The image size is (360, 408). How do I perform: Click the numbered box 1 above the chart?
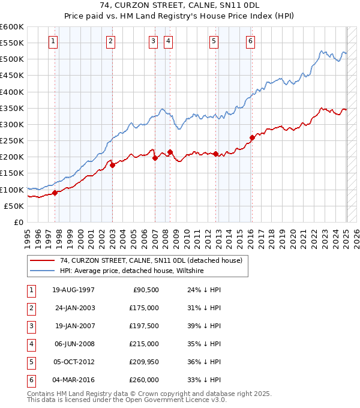coord(54,41)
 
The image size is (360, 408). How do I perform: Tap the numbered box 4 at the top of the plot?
coord(168,41)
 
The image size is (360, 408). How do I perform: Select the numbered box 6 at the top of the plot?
coord(250,41)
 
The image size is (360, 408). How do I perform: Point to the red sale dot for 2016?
coord(252,138)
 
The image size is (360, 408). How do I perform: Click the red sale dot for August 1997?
coord(55,193)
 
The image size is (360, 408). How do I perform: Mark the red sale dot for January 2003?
coord(112,165)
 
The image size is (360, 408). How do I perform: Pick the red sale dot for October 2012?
coord(215,154)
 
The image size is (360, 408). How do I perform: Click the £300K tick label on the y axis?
coord(12,124)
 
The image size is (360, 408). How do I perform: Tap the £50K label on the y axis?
coord(14,206)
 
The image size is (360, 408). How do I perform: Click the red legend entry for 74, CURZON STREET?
coord(151,261)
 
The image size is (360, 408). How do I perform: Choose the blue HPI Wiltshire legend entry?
coord(132,271)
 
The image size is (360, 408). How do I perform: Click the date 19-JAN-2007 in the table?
coord(74,326)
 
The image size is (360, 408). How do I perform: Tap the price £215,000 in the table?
coord(144,344)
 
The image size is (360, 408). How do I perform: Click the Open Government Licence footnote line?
coord(127,400)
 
